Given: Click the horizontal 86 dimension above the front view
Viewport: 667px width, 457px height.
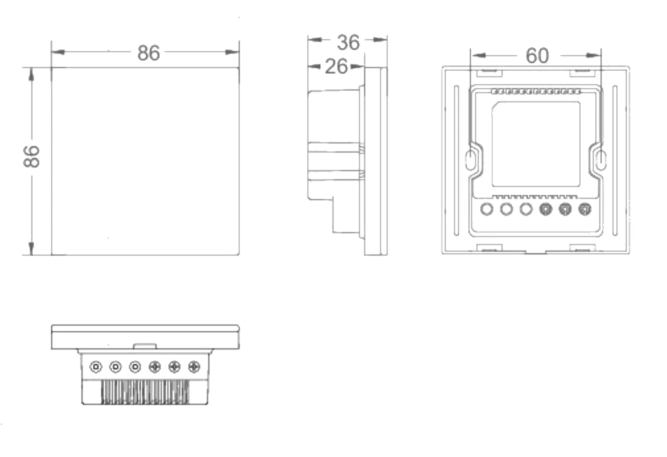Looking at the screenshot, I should click(149, 53).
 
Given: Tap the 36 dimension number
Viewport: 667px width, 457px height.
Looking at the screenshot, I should click(348, 42).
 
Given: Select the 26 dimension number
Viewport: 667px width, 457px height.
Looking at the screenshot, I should click(336, 66).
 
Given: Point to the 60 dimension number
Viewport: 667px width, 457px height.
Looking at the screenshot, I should click(537, 55).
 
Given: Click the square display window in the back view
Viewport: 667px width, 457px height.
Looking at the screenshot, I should click(536, 144).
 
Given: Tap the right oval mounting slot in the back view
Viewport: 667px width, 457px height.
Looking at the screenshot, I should click(601, 160).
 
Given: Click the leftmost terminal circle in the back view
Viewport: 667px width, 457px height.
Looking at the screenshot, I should click(487, 209).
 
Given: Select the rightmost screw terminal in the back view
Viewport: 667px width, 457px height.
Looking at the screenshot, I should click(585, 209).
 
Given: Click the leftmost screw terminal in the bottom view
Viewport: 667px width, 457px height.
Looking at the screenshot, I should click(96, 367).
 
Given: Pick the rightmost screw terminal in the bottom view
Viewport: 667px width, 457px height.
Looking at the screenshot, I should click(194, 367).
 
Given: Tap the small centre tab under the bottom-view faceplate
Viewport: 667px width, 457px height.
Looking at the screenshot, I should click(145, 346).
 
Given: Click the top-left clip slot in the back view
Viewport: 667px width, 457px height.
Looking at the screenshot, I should click(490, 71).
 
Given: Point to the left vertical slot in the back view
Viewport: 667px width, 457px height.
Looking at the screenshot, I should click(456, 160).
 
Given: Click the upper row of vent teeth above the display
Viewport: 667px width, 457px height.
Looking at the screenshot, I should click(536, 91).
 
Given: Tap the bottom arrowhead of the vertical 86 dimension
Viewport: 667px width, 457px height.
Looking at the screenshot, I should click(31, 248).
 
